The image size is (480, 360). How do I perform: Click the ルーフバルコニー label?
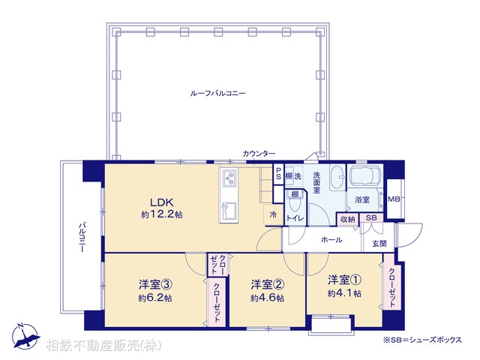click(218, 93)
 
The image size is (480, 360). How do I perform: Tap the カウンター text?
click(259, 154)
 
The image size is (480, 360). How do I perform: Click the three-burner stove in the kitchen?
click(229, 178)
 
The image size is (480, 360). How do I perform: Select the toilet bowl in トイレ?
click(296, 202)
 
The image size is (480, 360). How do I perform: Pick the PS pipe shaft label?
click(279, 175)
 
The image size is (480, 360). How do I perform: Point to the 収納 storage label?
click(346, 218)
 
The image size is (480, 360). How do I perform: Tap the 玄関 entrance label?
click(379, 244)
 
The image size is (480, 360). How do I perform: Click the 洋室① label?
click(344, 280)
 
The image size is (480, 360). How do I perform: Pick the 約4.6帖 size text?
click(268, 298)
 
